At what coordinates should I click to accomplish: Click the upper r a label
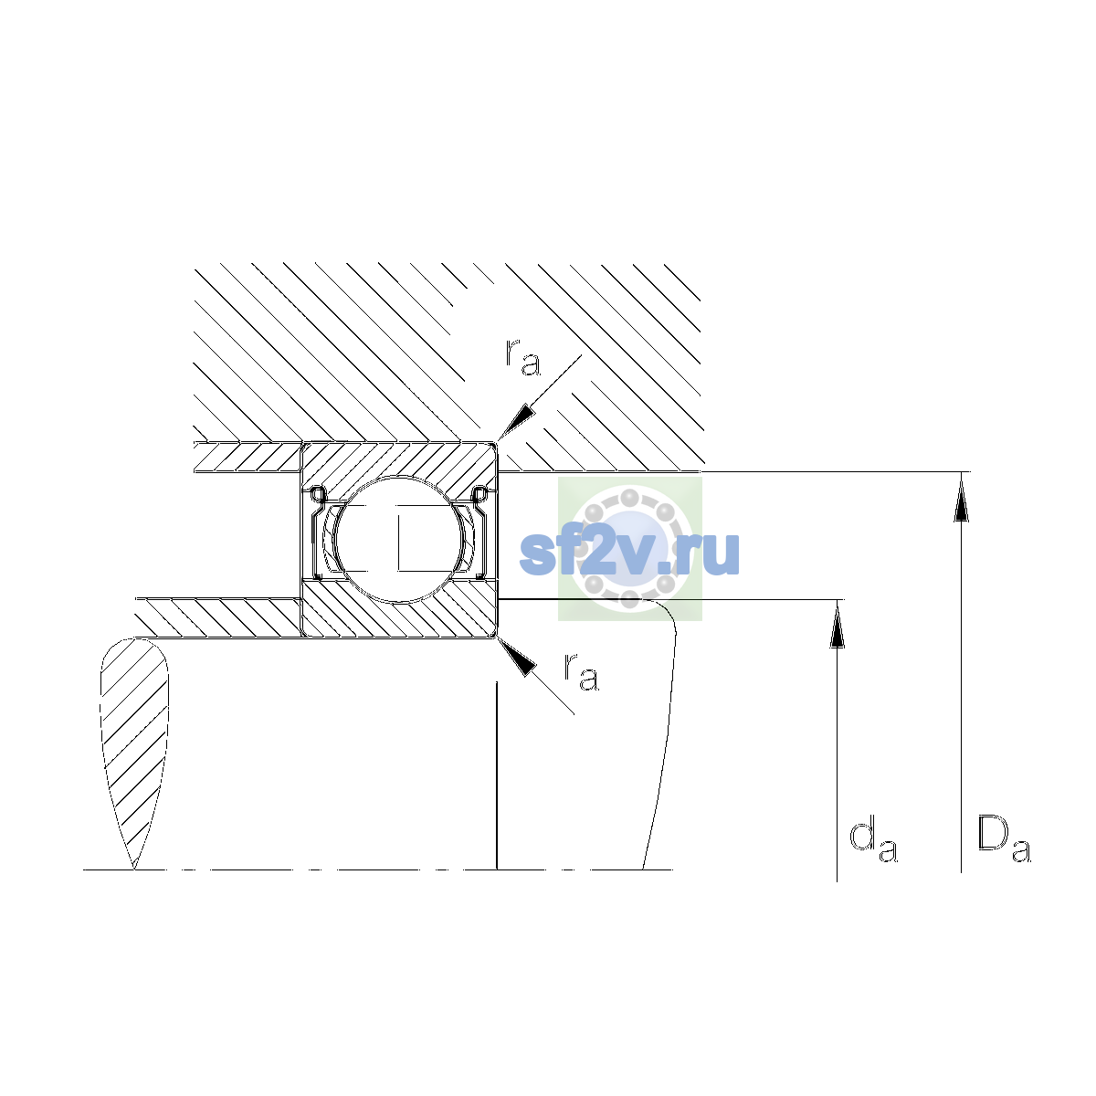(x=522, y=358)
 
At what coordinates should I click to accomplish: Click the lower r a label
(x=581, y=673)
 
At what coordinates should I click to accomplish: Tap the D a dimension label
(x=1004, y=839)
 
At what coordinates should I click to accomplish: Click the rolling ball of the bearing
(x=399, y=539)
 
